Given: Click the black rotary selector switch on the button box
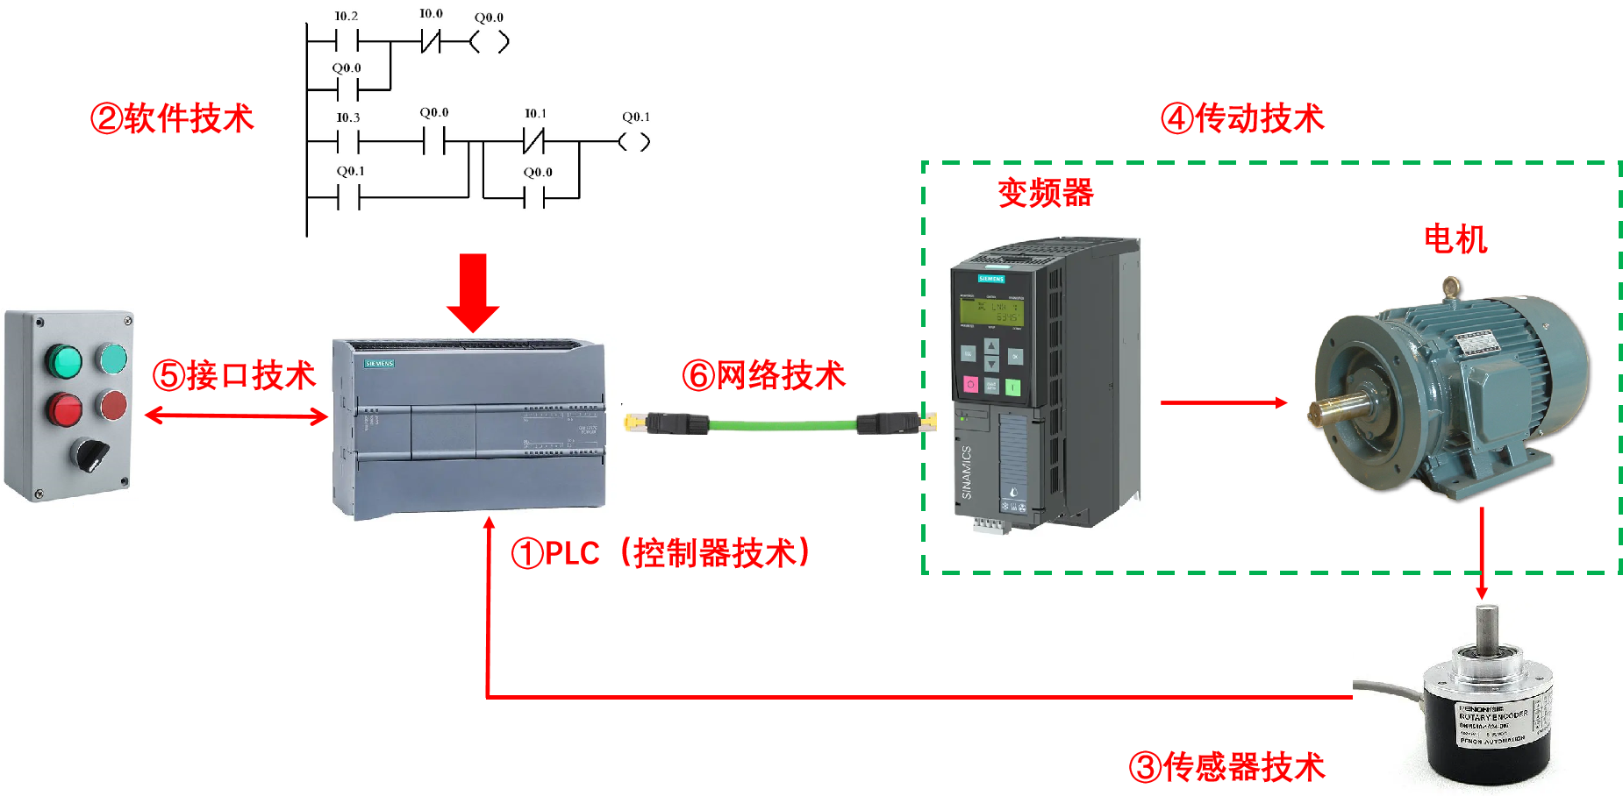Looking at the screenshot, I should point(89,453).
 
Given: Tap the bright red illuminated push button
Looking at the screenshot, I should point(64,409).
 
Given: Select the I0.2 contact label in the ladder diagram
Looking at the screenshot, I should point(346,16).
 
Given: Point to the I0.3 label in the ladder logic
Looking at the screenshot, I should point(347,117).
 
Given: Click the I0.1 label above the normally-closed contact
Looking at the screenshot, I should point(535,114).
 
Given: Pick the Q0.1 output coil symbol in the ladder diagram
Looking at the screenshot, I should point(633,142).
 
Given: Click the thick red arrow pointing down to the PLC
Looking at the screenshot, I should point(472,293).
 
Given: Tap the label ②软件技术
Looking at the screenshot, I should point(172,118).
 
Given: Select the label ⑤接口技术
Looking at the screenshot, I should point(233,375).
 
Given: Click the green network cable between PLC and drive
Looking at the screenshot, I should point(781,425).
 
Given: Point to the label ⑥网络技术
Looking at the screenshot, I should point(763,375).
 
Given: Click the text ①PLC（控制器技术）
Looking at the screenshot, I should point(661,553).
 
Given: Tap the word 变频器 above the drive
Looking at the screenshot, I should point(1046,193).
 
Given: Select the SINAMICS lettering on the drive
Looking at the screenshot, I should point(967,473).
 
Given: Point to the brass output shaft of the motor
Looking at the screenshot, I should point(1337,409).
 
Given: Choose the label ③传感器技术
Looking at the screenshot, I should point(1226,767).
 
